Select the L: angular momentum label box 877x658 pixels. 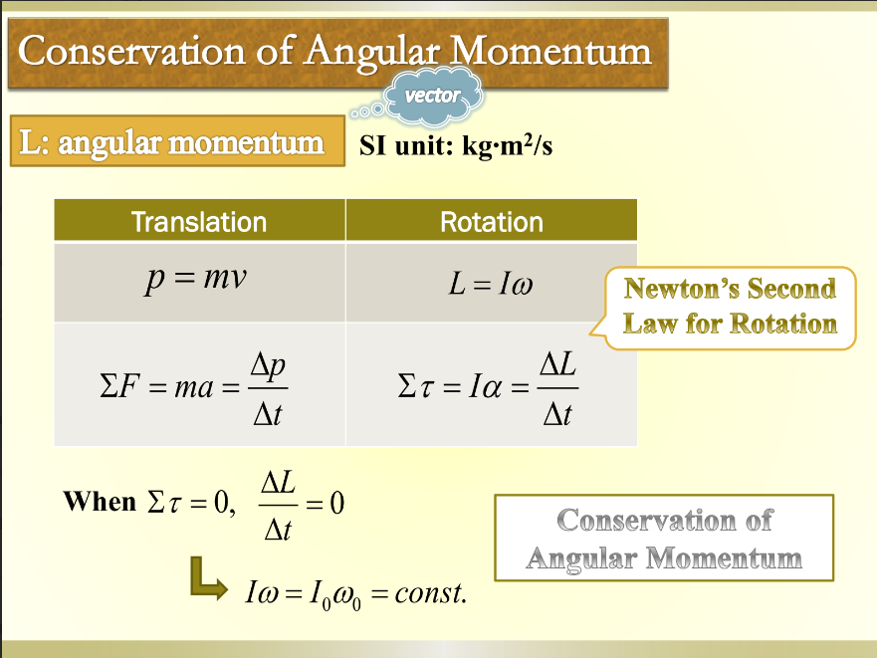click(x=171, y=143)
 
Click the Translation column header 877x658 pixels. click(x=199, y=221)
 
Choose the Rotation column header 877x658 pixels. click(x=492, y=221)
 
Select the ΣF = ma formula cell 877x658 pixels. click(x=199, y=384)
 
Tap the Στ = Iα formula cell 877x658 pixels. click(x=492, y=384)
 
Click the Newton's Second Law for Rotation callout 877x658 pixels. click(x=730, y=307)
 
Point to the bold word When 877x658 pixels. click(x=100, y=501)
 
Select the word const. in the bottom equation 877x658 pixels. click(x=430, y=595)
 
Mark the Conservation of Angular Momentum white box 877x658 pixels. click(x=664, y=539)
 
